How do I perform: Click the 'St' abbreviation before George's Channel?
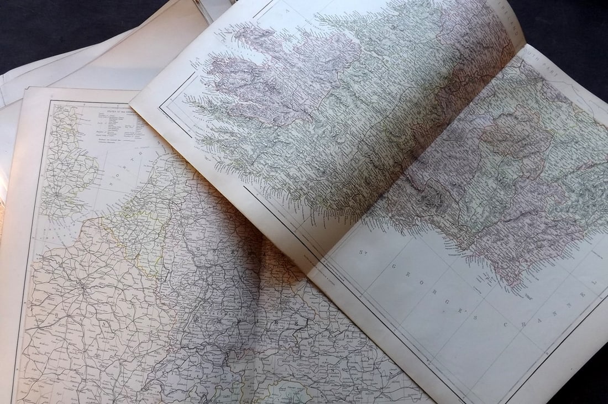(363, 254)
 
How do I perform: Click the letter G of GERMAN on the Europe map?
(202, 249)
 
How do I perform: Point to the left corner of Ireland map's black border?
(161, 104)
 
